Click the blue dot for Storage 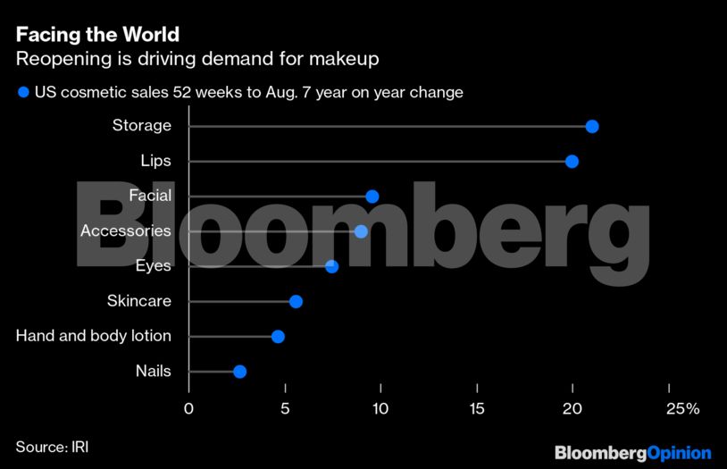coord(591,127)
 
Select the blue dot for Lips coord(572,162)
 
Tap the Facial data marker coord(372,197)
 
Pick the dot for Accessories coord(361,231)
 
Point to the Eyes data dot coord(332,266)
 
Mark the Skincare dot coord(296,301)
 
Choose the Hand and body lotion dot coord(278,337)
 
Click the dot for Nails coord(239,372)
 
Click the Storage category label coord(141,126)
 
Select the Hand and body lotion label coord(94,336)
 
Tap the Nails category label coord(153,371)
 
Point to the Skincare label coord(138,301)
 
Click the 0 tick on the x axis coord(188,408)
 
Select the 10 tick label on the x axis coord(380,408)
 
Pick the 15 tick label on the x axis coord(477,408)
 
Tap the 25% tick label coord(682,408)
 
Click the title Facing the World coord(97,35)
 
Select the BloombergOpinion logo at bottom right coord(632,453)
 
